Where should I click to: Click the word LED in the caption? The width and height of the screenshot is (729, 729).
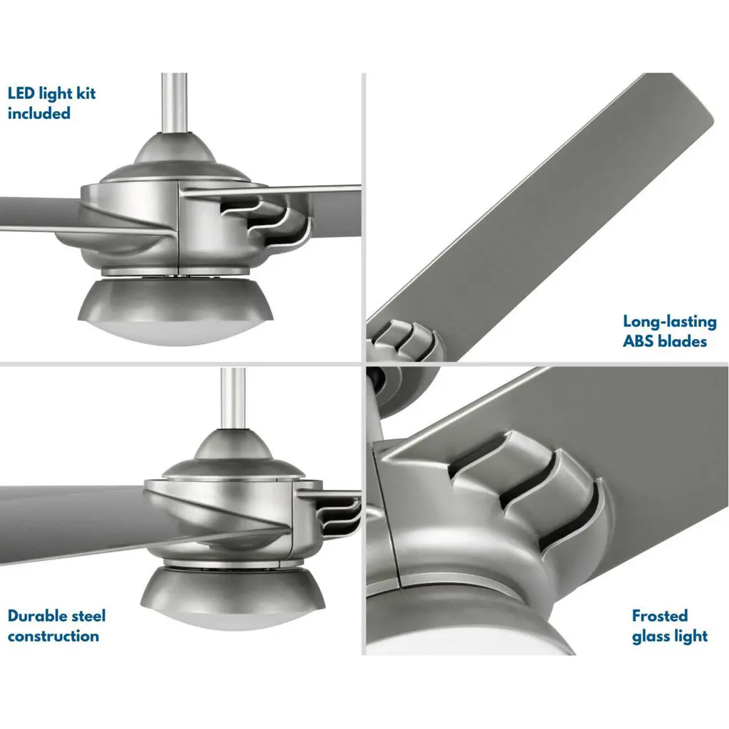click(21, 93)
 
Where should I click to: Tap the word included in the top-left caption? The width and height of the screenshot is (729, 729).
click(39, 113)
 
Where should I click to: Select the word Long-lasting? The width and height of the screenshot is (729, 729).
click(669, 322)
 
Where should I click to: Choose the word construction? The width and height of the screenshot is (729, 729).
click(53, 636)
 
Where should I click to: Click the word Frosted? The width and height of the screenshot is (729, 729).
click(660, 616)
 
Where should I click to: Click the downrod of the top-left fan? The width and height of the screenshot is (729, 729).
click(174, 103)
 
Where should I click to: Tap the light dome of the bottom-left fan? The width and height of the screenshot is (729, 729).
click(233, 598)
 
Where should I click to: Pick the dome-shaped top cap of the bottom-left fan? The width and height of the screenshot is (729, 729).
click(233, 453)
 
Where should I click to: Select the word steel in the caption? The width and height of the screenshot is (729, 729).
click(88, 616)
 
